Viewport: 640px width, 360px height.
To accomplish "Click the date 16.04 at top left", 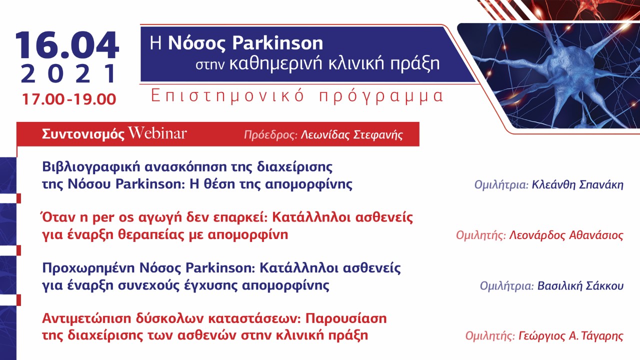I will pos(67,45).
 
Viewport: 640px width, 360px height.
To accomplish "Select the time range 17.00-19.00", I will pos(68,99).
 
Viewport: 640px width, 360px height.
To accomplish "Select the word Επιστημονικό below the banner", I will pos(228,96).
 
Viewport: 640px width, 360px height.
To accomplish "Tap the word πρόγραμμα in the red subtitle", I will pos(381,96).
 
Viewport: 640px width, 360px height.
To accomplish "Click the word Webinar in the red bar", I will pos(157,134).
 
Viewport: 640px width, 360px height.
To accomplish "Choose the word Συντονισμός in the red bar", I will pos(83,134).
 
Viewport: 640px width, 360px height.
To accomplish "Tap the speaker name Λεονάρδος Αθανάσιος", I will pos(566,235).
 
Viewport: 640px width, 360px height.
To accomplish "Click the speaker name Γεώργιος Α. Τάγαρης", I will pos(569,336).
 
